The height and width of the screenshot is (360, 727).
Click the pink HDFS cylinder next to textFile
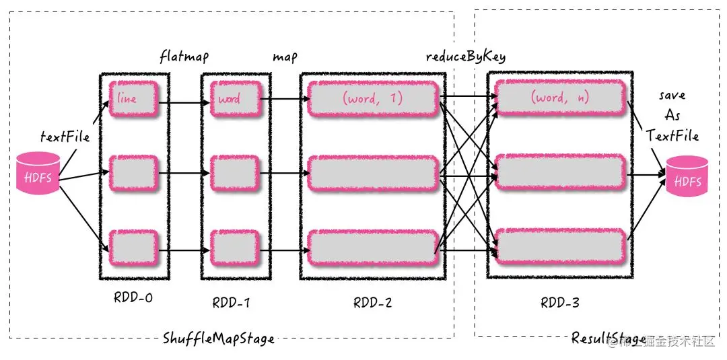coord(38,173)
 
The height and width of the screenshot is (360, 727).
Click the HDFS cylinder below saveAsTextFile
coord(687,176)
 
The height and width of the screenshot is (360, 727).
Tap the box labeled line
coord(133,99)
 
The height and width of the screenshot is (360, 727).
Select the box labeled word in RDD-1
coord(235,99)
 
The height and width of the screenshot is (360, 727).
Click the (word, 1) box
coord(373,99)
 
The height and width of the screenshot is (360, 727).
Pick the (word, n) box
coord(559,98)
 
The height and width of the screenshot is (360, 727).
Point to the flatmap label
coord(184,57)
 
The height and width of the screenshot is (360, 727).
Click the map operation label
coord(285,58)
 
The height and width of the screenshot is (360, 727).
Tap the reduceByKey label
coord(466,57)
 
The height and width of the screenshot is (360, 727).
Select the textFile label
coord(65,136)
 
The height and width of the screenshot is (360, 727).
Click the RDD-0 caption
coord(133,297)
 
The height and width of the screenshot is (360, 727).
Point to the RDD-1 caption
coord(232,303)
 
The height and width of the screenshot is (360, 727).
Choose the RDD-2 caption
coord(372,303)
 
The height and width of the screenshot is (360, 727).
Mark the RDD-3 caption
coord(559,303)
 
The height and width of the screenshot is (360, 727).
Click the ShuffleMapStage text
coord(218,338)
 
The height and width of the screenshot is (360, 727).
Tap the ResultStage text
coord(609,338)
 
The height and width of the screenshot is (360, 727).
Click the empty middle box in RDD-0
coord(133,174)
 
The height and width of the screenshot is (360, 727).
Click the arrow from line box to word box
coord(184,99)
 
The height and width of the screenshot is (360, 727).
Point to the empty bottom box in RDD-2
coord(373,250)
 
